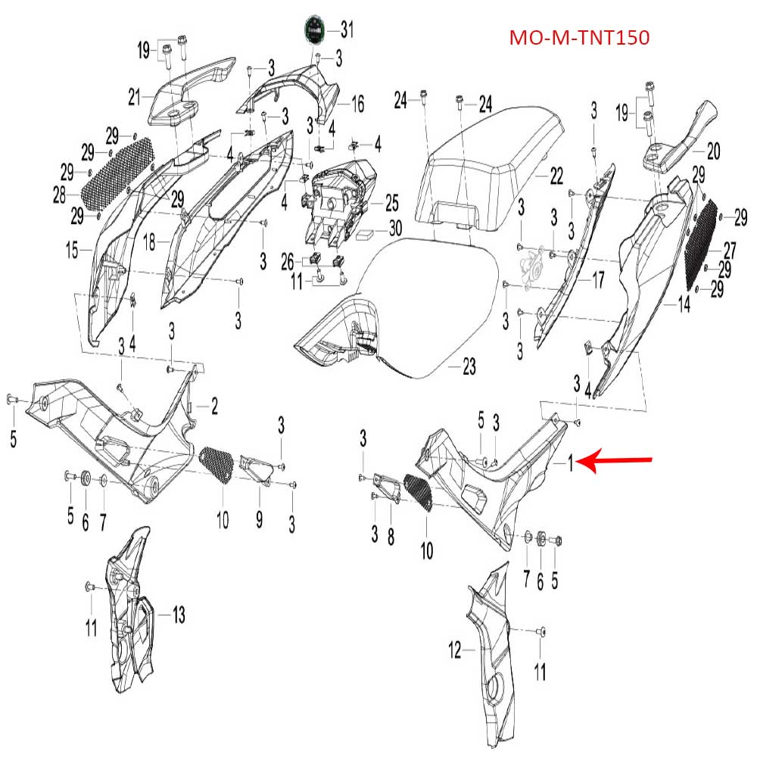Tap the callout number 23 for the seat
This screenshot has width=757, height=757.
tap(469, 367)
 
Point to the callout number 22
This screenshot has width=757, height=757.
tap(556, 176)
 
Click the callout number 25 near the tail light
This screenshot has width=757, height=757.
tap(391, 202)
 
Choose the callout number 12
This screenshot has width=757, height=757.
tap(455, 649)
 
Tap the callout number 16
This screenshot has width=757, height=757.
tap(357, 104)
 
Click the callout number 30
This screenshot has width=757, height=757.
tap(396, 228)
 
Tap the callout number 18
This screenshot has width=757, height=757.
tap(149, 243)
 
